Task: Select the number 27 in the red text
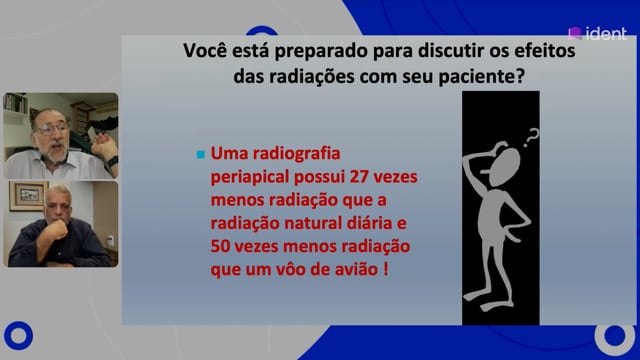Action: [360, 177]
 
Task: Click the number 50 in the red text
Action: [221, 247]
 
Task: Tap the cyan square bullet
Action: [200, 155]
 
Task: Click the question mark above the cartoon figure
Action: [531, 138]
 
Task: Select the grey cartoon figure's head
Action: [504, 168]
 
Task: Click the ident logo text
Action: [606, 33]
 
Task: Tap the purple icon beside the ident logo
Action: [575, 33]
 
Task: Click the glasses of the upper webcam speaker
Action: [52, 129]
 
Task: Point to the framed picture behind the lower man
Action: [28, 196]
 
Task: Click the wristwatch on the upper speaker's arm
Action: [112, 162]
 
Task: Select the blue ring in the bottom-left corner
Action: [18, 336]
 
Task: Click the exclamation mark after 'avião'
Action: [386, 269]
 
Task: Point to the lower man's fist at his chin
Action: [58, 230]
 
